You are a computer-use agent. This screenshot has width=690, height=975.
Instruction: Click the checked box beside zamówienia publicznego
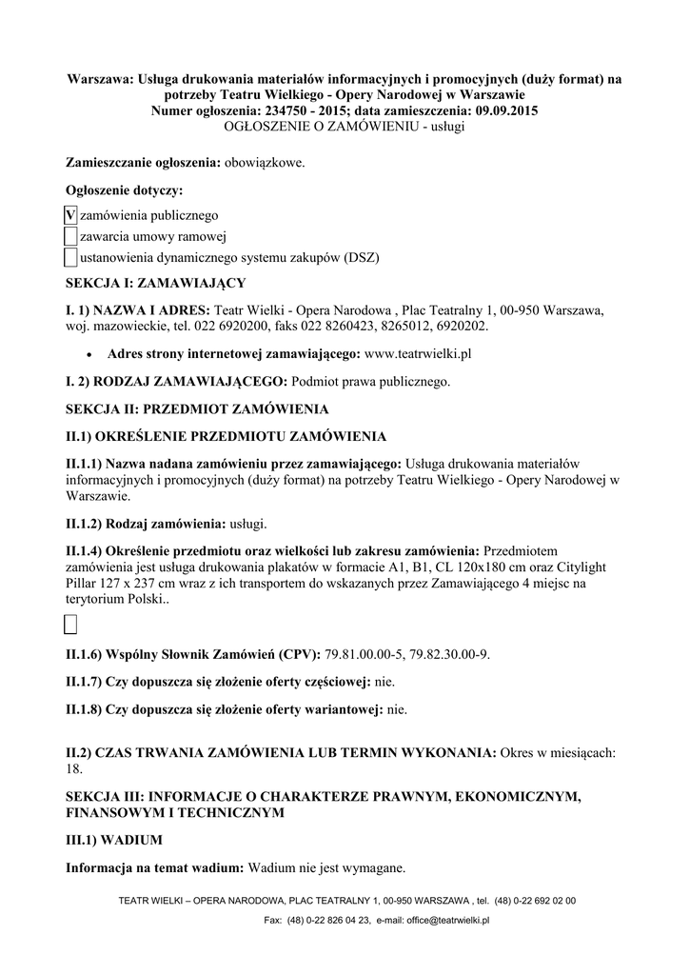coord(70,215)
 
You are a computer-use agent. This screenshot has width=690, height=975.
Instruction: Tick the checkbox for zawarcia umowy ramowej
coord(70,236)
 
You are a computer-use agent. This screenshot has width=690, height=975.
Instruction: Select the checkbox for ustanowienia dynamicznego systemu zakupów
coord(70,256)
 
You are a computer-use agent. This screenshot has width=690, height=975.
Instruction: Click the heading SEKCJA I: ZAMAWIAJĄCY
coord(155,283)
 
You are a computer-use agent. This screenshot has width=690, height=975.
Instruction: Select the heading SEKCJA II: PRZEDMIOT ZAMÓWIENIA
coord(196,409)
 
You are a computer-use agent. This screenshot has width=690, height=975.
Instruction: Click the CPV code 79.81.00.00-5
coord(365,654)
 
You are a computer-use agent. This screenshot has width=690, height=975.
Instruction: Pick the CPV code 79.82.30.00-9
coord(452,654)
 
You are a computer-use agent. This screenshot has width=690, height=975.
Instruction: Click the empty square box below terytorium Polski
coord(70,625)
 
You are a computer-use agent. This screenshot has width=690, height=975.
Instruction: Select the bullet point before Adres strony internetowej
coord(89,354)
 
